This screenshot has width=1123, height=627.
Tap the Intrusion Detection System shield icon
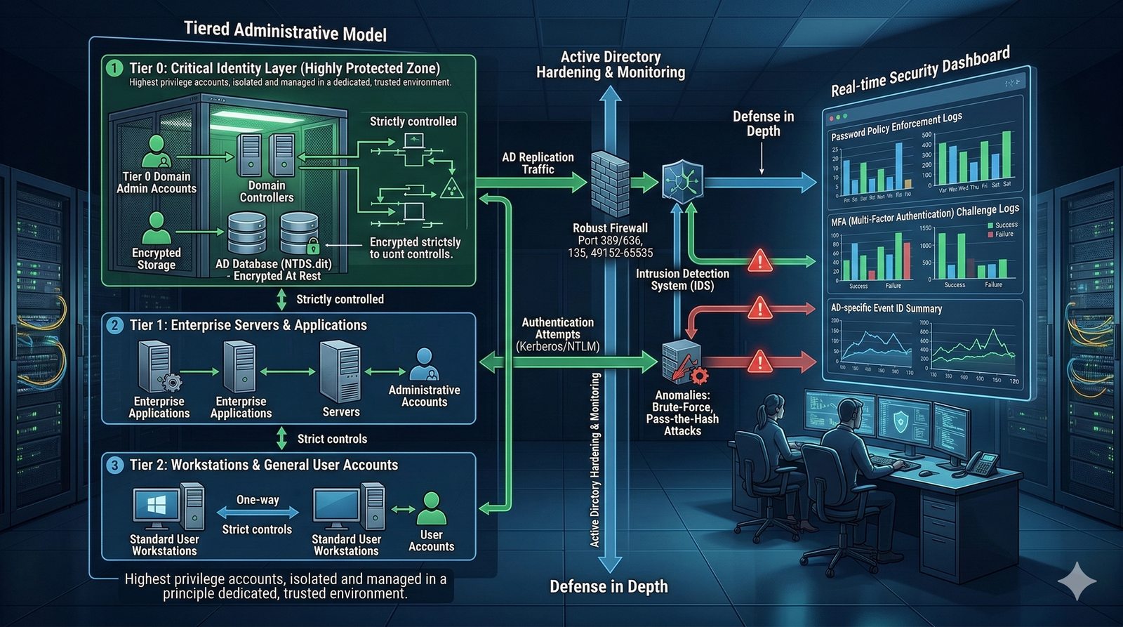coord(682,181)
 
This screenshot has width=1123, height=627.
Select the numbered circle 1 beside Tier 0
coord(114,69)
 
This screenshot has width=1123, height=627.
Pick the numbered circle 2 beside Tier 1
coord(114,325)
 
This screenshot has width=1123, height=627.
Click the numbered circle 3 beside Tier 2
coord(114,465)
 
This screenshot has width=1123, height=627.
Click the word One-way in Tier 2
coord(258,500)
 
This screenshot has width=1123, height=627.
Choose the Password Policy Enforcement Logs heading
coord(896,126)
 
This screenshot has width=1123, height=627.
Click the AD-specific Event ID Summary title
coord(886,308)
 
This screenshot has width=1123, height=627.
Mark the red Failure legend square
coord(990,235)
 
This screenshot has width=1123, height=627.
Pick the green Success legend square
coord(990,225)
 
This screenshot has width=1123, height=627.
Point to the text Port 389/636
coord(610,240)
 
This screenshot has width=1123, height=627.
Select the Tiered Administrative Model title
coord(285,32)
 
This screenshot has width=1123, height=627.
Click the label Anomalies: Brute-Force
coord(682,401)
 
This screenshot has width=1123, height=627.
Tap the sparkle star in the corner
coord(1077,581)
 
